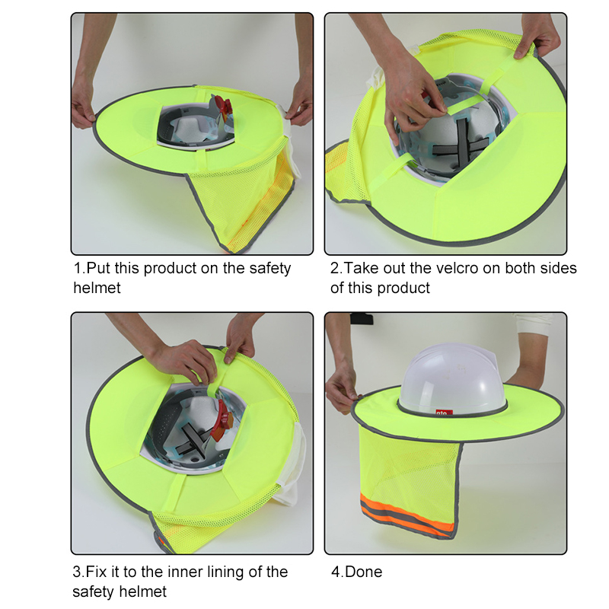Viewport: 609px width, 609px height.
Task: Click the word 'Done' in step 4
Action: (365, 572)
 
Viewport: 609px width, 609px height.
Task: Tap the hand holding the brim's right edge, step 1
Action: (301, 106)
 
